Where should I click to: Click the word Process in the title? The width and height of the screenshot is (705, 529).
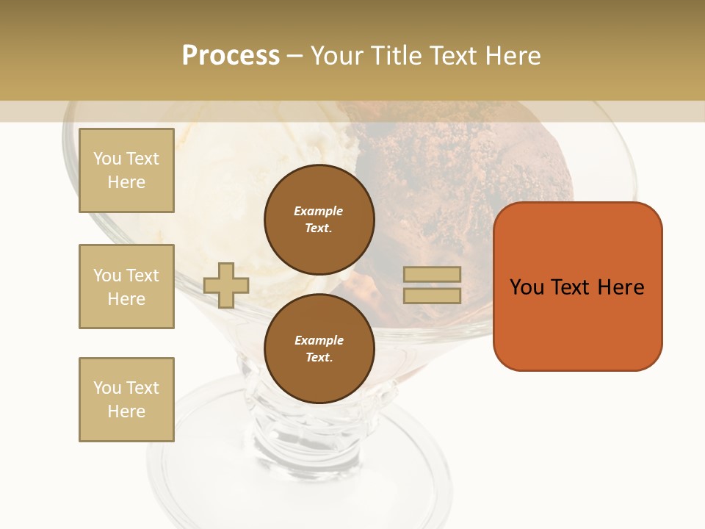click(231, 56)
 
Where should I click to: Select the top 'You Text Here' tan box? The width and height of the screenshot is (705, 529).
click(126, 170)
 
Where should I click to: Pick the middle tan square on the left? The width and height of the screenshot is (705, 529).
click(126, 287)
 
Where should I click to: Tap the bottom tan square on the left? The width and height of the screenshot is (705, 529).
click(126, 400)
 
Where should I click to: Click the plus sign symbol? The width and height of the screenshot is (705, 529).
click(226, 285)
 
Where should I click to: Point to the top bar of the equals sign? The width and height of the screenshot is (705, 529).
click(432, 274)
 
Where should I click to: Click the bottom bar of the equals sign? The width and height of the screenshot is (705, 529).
click(432, 295)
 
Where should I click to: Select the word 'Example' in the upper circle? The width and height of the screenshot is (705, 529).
click(318, 211)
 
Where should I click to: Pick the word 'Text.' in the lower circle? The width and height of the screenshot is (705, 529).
click(319, 357)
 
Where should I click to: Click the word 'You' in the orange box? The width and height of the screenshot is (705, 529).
click(527, 287)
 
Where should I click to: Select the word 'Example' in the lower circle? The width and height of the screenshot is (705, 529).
click(319, 340)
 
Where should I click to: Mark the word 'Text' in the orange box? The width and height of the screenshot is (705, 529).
click(573, 287)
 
